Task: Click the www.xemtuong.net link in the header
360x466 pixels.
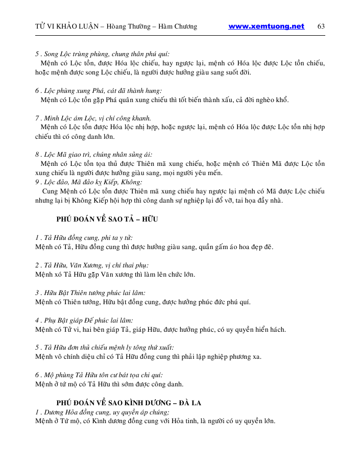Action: click(266, 27)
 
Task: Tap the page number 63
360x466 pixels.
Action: click(321, 27)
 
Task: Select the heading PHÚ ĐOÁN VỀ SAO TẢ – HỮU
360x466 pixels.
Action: click(107, 219)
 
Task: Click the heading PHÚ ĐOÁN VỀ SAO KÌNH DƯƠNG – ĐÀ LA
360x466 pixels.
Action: click(129, 403)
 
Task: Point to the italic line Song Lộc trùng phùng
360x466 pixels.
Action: click(103, 54)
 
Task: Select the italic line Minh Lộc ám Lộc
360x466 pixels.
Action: click(93, 118)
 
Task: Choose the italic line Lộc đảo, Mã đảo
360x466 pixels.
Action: click(89, 182)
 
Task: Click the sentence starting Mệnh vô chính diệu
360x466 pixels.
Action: click(148, 357)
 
